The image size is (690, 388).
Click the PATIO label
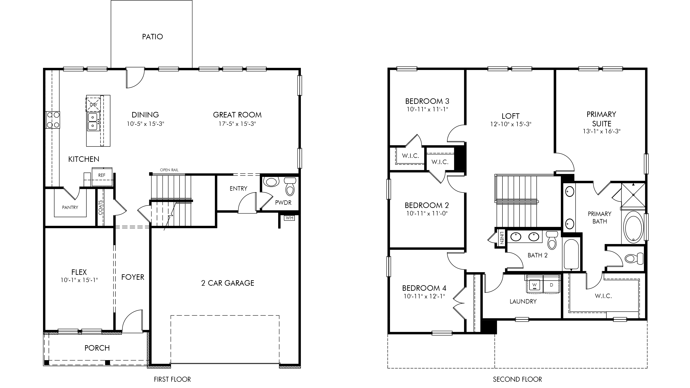(152, 37)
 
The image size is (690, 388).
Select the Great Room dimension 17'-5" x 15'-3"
(237, 124)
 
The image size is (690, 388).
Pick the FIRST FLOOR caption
(172, 379)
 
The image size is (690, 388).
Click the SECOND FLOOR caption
(518, 379)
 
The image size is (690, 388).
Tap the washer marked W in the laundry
(535, 285)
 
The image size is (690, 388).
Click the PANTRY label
(70, 208)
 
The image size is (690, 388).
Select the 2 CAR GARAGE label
(228, 283)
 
